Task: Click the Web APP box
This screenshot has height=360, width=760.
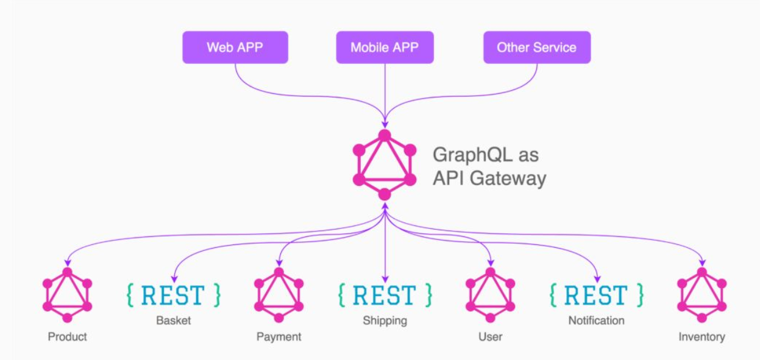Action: (x=235, y=48)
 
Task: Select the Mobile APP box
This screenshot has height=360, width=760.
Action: (x=385, y=48)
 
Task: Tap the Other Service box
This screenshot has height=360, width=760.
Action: (x=536, y=48)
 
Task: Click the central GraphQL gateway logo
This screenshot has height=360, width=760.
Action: (x=385, y=164)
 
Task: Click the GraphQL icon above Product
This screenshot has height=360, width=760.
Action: (x=67, y=295)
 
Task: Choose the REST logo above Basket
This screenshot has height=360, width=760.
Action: (x=173, y=295)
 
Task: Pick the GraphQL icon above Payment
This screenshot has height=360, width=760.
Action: (x=279, y=295)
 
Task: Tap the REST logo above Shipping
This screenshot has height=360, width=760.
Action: (x=385, y=295)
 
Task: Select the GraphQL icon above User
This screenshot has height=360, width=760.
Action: (x=490, y=295)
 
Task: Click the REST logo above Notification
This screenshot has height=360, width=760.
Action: (x=596, y=295)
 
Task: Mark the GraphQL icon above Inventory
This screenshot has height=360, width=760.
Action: (x=701, y=295)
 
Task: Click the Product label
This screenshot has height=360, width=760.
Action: (x=67, y=336)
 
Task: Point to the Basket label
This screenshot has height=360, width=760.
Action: (x=173, y=320)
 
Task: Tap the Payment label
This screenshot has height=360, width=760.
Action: (x=279, y=336)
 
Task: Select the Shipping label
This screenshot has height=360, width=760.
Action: (x=385, y=320)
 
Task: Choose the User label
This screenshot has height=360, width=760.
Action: (x=490, y=336)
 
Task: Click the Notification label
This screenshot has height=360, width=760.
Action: (x=596, y=320)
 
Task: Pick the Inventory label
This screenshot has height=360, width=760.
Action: (x=701, y=336)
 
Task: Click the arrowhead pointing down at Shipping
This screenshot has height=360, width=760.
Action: (x=385, y=278)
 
